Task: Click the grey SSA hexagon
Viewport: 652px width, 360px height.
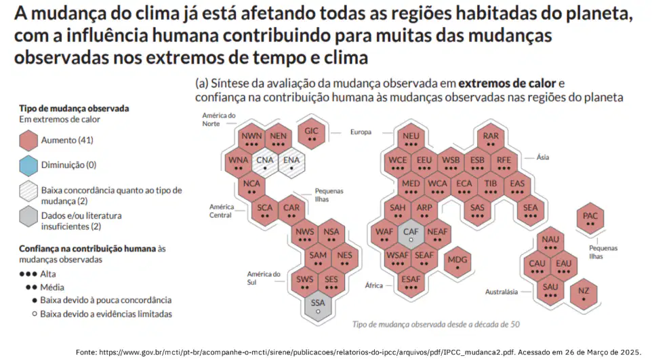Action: (x=318, y=306)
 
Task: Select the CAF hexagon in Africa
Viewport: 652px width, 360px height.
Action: (x=411, y=235)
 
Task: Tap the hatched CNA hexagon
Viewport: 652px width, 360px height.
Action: (x=265, y=163)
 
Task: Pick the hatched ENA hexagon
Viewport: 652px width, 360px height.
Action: (x=291, y=163)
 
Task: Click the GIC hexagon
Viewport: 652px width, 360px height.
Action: (x=312, y=134)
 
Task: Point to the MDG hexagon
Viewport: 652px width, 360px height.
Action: (x=457, y=262)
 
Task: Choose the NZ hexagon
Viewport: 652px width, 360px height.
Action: (x=584, y=294)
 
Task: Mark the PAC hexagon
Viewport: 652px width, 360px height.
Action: (x=590, y=218)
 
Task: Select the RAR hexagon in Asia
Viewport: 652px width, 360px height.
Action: (x=491, y=139)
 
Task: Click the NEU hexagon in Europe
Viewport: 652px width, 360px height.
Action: (x=411, y=139)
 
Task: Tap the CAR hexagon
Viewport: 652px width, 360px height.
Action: (x=291, y=211)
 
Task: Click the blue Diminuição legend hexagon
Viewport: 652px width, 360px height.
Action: (x=28, y=165)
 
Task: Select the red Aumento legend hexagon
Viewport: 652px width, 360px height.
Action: (x=28, y=140)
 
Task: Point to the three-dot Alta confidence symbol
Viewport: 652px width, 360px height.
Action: (x=28, y=275)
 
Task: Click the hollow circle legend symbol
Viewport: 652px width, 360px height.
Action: (x=35, y=314)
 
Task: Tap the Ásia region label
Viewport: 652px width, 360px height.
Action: (x=543, y=157)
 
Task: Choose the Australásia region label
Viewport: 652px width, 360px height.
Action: (x=502, y=292)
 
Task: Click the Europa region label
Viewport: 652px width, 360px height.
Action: (x=361, y=132)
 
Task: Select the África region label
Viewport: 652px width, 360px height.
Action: (x=374, y=285)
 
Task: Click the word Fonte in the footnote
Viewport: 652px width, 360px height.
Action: (x=85, y=352)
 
